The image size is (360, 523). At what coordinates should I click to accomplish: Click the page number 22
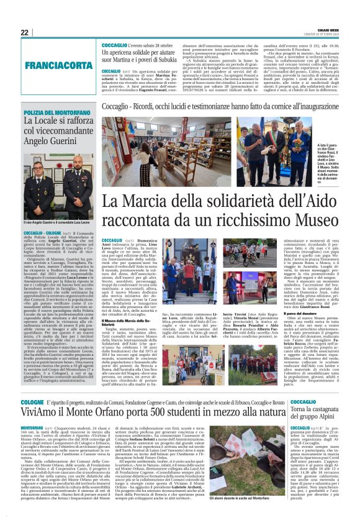(25, 32)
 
